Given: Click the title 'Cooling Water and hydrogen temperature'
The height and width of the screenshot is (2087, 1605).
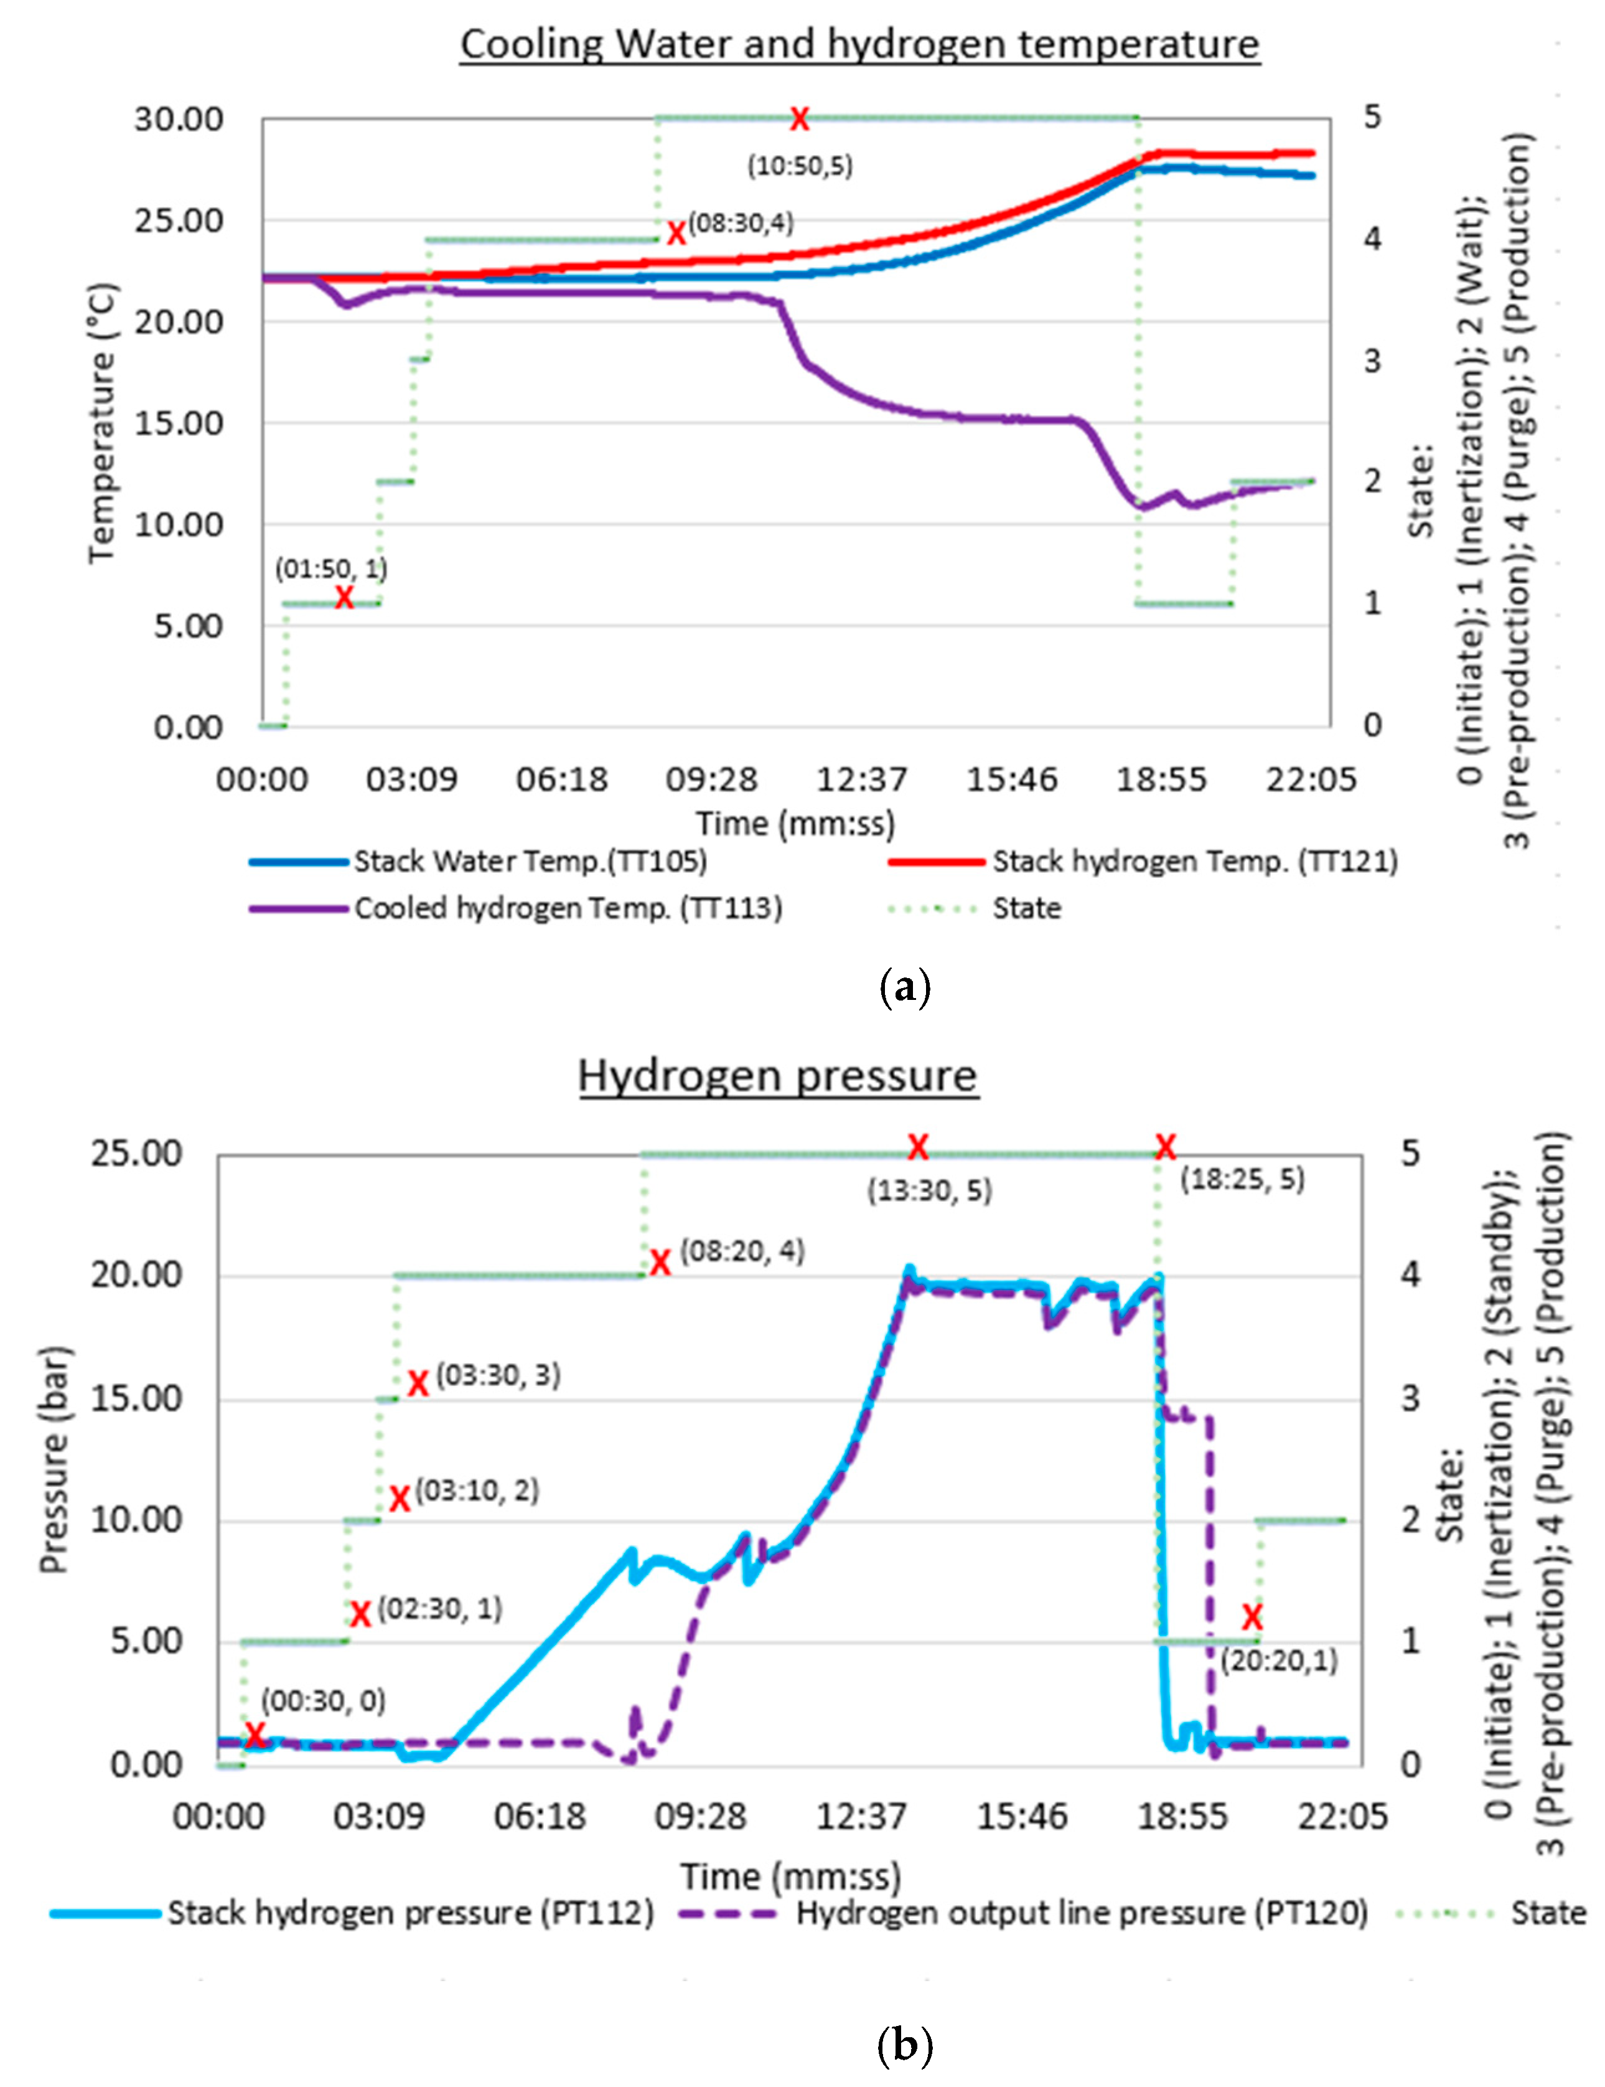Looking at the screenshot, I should point(860,44).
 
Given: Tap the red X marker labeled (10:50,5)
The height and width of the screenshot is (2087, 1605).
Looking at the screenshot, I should point(798,120).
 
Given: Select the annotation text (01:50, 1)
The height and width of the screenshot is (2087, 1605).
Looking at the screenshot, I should point(332,568).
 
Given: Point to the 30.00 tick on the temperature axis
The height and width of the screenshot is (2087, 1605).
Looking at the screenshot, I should point(179,120).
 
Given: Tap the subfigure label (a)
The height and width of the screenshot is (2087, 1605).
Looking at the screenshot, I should point(903,987).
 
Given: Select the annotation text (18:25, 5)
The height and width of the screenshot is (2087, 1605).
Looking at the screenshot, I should point(1242,1179).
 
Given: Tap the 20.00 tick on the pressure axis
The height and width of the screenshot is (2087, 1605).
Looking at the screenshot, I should point(136,1276).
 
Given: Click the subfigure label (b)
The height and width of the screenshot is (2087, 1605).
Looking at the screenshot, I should point(903,2045).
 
